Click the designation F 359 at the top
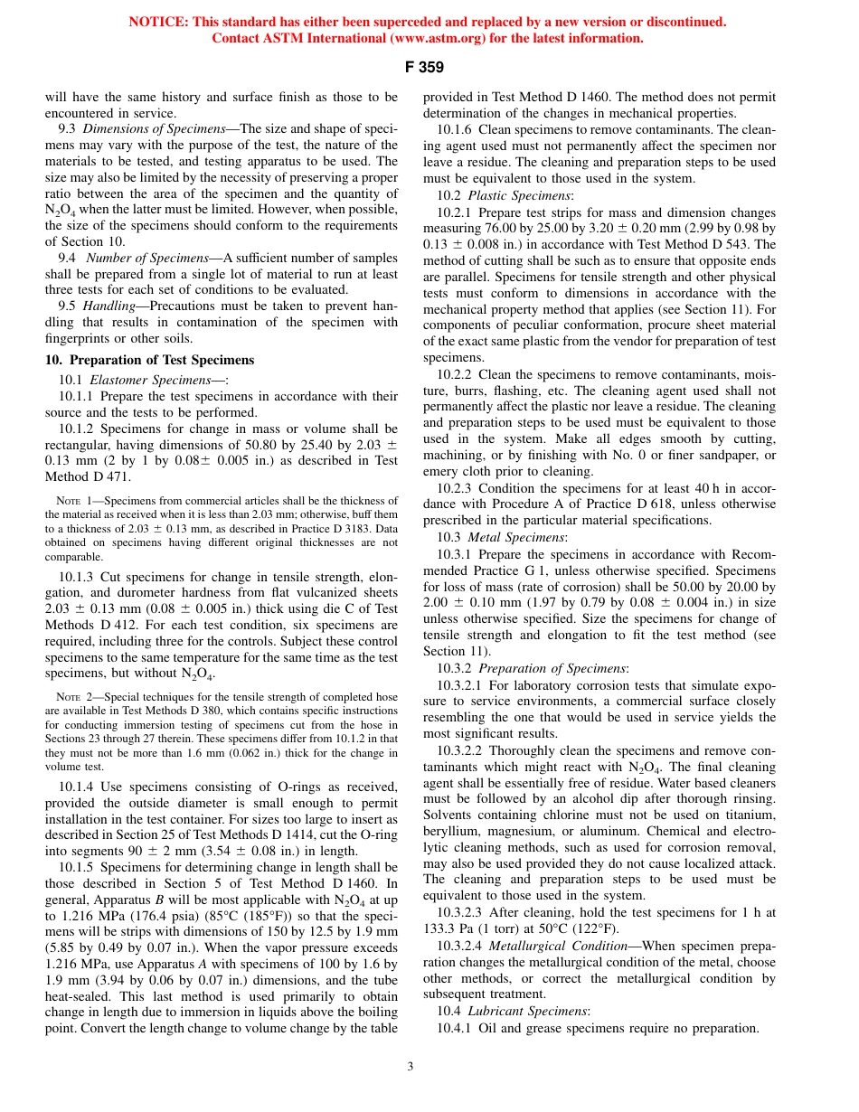coord(428,67)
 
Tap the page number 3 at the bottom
coord(410,1067)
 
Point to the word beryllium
coord(451,832)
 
